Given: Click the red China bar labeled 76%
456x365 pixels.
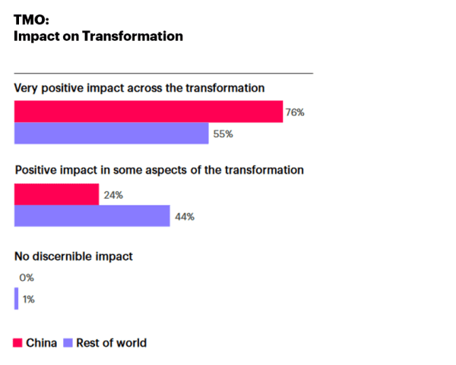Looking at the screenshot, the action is (149, 112).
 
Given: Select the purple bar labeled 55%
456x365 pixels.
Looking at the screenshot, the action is (112, 134).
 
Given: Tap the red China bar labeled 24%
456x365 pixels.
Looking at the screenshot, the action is (57, 194).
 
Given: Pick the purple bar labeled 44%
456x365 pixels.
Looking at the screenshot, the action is (92, 216).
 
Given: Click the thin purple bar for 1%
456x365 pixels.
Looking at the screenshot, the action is (16, 298).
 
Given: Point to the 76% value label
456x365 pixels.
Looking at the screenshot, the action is (295, 112).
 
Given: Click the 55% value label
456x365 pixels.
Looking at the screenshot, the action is (223, 134).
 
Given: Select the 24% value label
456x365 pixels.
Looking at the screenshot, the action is (113, 195).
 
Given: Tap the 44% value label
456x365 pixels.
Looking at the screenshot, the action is (185, 216).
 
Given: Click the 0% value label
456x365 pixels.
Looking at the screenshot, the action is (27, 278).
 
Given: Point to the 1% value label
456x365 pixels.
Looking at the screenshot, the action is (29, 300).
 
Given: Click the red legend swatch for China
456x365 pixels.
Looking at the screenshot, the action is (17, 343).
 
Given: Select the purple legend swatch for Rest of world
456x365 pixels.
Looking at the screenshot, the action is (68, 343).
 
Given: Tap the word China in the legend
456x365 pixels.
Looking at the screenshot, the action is (41, 343).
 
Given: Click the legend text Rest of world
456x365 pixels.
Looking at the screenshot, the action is (112, 343).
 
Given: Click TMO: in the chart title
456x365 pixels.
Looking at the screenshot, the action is (31, 20).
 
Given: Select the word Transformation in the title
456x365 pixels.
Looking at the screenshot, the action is (132, 36).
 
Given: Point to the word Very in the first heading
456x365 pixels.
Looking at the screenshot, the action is (26, 88).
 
